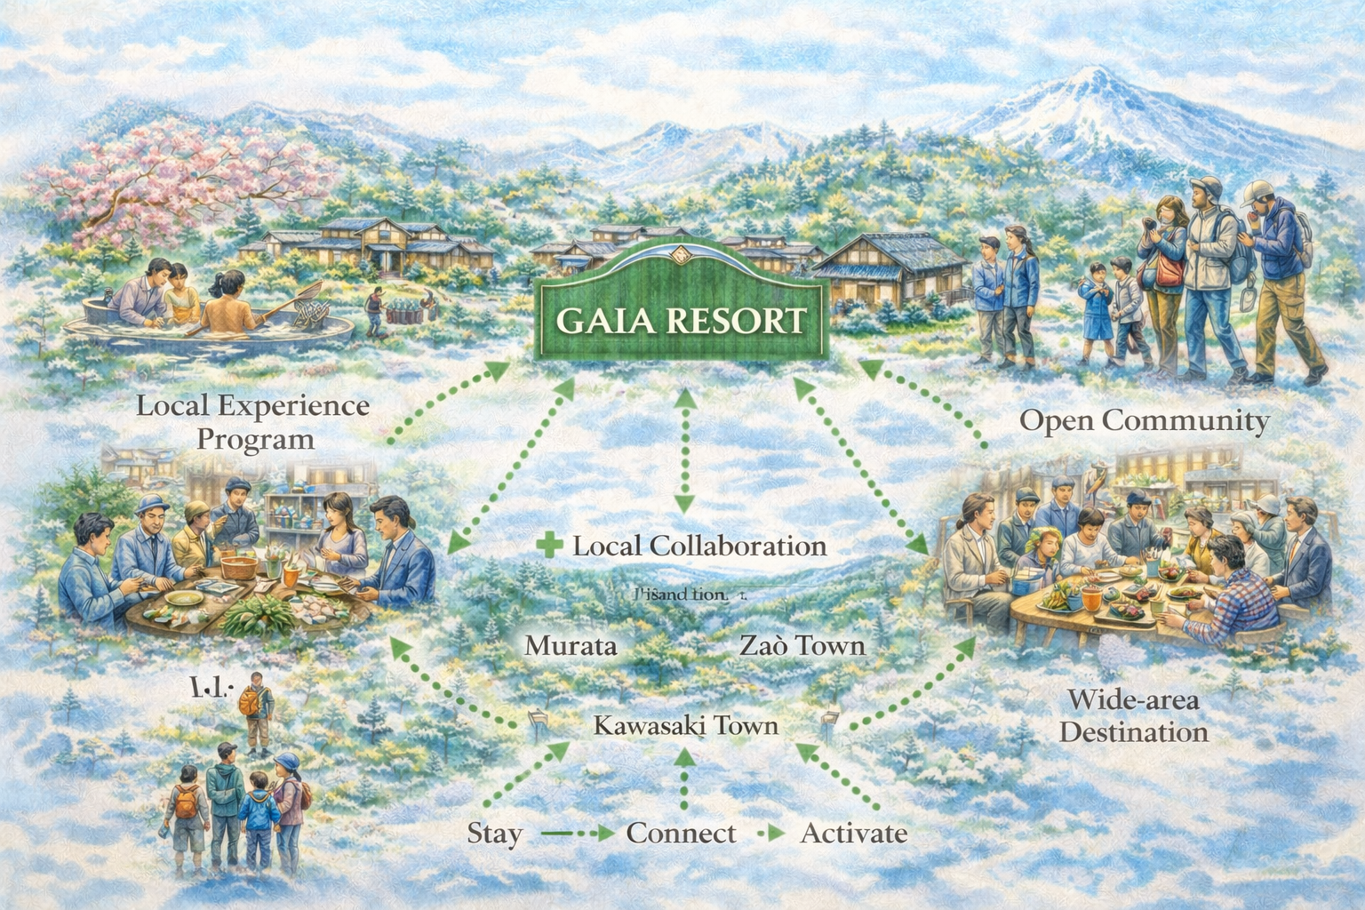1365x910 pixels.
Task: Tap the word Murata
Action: [x=571, y=645]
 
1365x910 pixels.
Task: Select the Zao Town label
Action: [x=802, y=645]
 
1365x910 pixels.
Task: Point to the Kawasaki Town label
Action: [x=685, y=726]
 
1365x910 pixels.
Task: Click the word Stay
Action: [x=494, y=834]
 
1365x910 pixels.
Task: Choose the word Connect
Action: [x=681, y=834]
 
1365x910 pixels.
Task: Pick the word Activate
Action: [x=854, y=834]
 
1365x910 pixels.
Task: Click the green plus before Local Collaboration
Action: [x=551, y=545]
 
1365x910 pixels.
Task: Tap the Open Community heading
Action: [x=1145, y=420]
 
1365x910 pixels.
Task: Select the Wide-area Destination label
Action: [x=1134, y=715]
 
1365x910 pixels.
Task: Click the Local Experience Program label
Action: [x=254, y=422]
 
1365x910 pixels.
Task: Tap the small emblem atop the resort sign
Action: [x=681, y=254]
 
